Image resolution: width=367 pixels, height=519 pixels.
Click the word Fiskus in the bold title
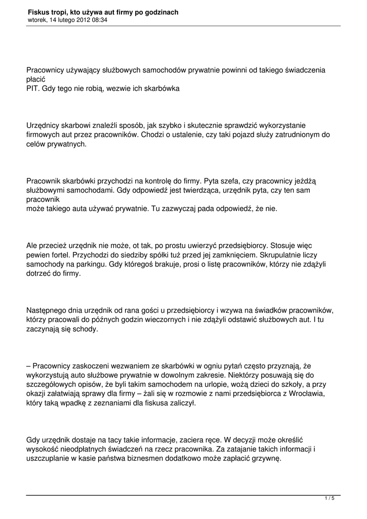[x=39, y=12]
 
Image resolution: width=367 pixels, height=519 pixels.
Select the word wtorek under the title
[x=37, y=20]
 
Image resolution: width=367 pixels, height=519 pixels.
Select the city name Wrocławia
[x=302, y=393]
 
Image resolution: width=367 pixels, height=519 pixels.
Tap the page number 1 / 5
[x=330, y=499]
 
